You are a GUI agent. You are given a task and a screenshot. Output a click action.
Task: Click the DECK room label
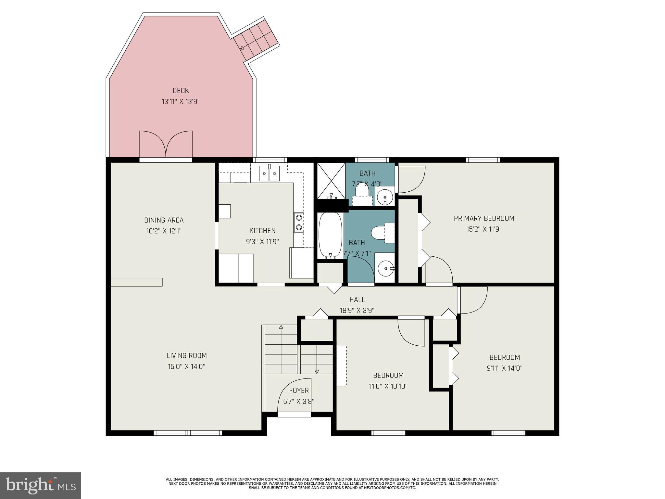[181, 91]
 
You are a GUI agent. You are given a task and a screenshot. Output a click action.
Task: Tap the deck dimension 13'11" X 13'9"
[181, 102]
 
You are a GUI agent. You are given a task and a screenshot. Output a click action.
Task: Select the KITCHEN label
[262, 231]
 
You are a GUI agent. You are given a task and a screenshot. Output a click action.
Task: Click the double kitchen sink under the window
[269, 174]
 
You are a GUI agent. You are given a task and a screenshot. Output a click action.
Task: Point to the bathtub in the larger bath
[330, 235]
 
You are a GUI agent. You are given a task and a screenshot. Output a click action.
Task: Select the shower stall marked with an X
[331, 180]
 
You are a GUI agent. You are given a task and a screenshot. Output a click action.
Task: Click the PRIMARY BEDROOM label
[484, 218]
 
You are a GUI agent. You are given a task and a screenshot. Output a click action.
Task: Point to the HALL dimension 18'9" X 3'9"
[357, 310]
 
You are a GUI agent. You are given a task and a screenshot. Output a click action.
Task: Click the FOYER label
[299, 390]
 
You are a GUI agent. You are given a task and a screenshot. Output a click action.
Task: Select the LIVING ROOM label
[187, 355]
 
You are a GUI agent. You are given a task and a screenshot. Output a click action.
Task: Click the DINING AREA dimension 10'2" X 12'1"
[164, 231]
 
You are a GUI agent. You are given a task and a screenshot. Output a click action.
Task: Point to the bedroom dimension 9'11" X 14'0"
[505, 368]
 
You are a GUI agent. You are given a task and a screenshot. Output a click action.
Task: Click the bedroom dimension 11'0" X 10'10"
[388, 386]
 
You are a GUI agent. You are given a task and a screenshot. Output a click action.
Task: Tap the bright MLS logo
[41, 486]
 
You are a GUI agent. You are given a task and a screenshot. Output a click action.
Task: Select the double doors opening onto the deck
[166, 145]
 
